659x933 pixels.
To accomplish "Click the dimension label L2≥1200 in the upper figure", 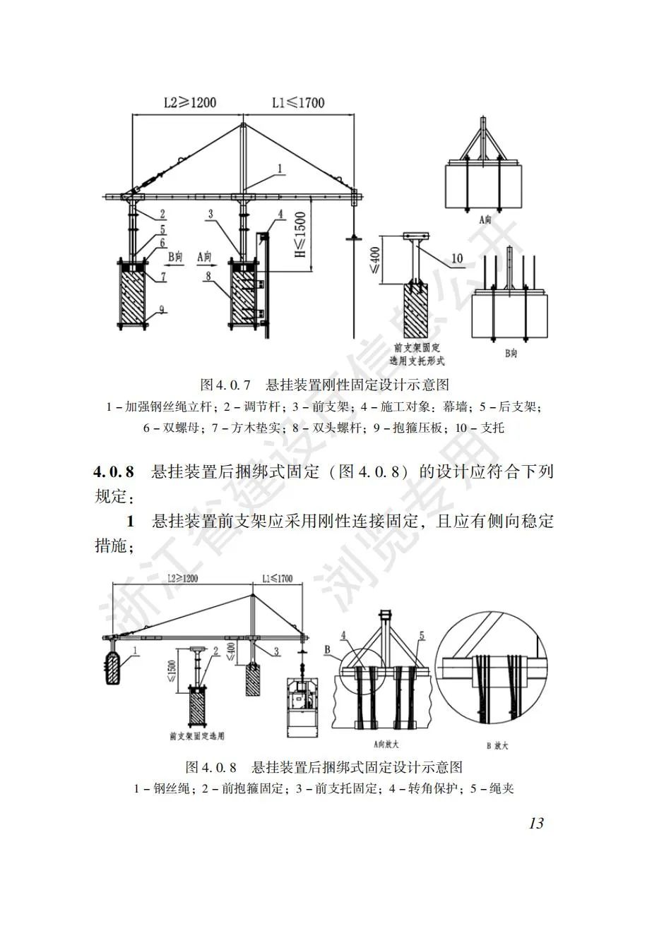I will pyautogui.click(x=189, y=103).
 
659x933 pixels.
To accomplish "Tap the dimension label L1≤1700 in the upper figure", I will pyautogui.click(x=298, y=103).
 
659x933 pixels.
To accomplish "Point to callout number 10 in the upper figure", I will pyautogui.click(x=456, y=259).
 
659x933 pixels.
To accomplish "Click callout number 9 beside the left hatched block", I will pyautogui.click(x=162, y=308).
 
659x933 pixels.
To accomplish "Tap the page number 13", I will pyautogui.click(x=535, y=823).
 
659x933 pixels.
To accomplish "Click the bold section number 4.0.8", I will pyautogui.click(x=114, y=471).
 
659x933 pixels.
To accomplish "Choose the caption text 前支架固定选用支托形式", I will pyautogui.click(x=417, y=354).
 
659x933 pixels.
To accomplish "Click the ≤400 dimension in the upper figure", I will pyautogui.click(x=374, y=260).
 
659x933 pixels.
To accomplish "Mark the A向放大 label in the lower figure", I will pyautogui.click(x=384, y=743).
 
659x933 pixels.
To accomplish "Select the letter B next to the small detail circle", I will pyautogui.click(x=327, y=649).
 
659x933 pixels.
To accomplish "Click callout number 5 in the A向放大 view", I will pyautogui.click(x=422, y=636).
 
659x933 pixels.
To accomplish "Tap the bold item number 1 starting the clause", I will pyautogui.click(x=130, y=522).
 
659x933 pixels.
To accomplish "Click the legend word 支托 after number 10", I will pyautogui.click(x=492, y=428).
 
